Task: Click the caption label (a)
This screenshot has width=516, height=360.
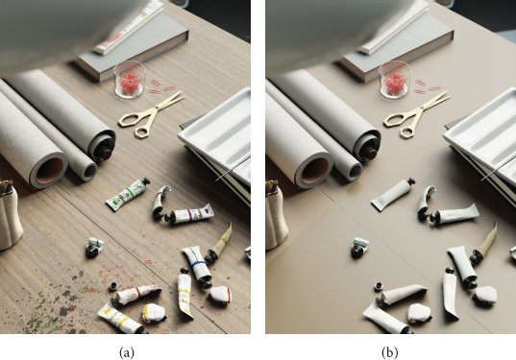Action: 127,352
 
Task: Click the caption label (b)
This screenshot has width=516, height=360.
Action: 390,352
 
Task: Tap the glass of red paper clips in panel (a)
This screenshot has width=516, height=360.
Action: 130,80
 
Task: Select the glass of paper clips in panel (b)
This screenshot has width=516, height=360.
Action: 394,80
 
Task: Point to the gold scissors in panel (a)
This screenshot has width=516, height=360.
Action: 150,114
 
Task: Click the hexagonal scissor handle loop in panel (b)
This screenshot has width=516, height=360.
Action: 407,132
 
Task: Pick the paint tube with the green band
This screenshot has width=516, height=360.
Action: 129,193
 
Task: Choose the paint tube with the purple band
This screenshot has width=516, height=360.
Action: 190,214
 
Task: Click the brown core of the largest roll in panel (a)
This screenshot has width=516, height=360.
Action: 49,171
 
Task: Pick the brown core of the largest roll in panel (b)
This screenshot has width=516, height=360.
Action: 314,171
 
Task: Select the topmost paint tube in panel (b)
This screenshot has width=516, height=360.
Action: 393,194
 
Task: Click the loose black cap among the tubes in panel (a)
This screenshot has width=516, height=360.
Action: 113,286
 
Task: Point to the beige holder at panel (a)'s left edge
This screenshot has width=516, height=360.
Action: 10,215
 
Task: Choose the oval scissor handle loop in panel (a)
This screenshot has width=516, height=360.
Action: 130,120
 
